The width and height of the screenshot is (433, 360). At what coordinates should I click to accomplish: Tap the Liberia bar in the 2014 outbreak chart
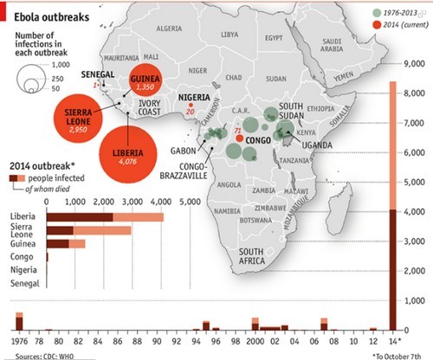(104, 216)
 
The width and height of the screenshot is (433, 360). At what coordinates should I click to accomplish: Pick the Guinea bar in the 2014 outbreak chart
(65, 244)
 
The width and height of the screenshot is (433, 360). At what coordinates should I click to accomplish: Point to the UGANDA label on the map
(317, 145)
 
